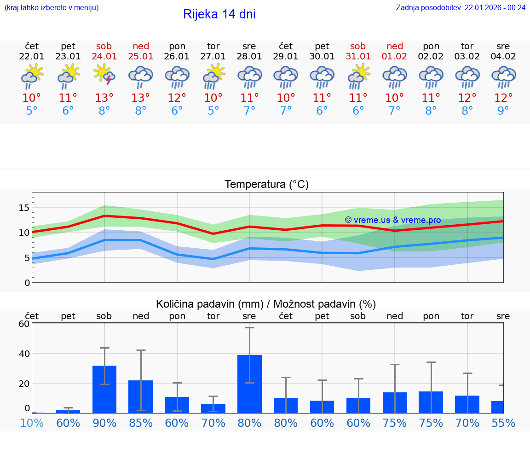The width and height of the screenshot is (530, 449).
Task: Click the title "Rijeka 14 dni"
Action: (219, 14)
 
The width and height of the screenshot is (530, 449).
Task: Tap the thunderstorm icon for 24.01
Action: (104, 75)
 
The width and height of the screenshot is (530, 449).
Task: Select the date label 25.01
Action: (141, 57)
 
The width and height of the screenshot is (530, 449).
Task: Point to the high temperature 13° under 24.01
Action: (104, 98)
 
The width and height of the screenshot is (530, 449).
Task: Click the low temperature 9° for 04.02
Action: (503, 111)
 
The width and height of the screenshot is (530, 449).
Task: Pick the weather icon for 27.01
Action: (213, 76)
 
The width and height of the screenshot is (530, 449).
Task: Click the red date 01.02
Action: (394, 57)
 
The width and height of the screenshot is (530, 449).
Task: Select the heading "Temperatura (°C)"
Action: (266, 185)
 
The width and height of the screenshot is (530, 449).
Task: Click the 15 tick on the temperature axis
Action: (23, 208)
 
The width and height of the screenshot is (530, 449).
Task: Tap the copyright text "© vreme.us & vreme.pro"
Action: (392, 220)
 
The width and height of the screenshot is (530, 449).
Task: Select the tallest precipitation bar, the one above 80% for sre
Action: (249, 384)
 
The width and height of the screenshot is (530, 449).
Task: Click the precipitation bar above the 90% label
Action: (104, 389)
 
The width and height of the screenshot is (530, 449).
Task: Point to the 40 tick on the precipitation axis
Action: (23, 354)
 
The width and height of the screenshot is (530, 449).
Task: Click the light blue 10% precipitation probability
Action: (32, 423)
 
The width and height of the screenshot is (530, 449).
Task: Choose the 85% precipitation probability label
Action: (141, 423)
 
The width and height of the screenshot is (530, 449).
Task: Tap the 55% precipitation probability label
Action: (503, 423)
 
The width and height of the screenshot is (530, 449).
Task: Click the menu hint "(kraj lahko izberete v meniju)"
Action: (52, 7)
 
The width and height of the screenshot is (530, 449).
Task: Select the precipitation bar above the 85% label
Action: (141, 397)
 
